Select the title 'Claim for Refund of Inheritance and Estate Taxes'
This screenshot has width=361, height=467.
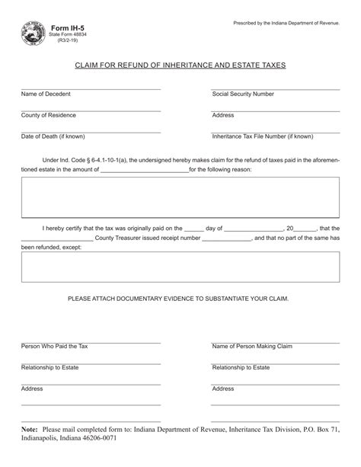(x=180, y=66)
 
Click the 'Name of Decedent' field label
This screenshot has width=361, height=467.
(x=45, y=94)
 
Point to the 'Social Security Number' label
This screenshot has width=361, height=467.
(x=243, y=94)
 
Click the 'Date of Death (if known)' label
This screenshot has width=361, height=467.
(x=53, y=137)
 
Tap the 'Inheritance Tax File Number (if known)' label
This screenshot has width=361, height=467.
(x=263, y=137)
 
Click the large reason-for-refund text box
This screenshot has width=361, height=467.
(x=180, y=197)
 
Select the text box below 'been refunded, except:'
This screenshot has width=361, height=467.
(x=180, y=267)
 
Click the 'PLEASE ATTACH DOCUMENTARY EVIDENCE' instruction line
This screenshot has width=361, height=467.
(x=180, y=300)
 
